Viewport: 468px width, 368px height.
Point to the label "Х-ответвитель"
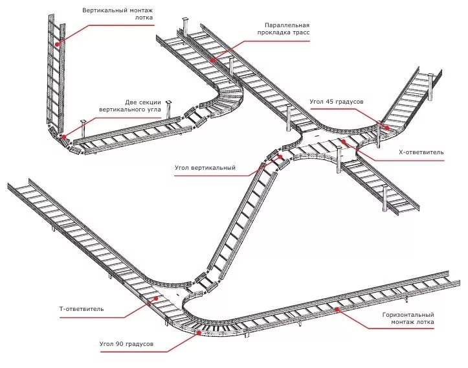tap(421, 152)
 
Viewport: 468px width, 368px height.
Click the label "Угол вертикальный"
tap(205, 168)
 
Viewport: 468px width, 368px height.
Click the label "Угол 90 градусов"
tap(126, 343)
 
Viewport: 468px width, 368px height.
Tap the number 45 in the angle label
tap(330, 102)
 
